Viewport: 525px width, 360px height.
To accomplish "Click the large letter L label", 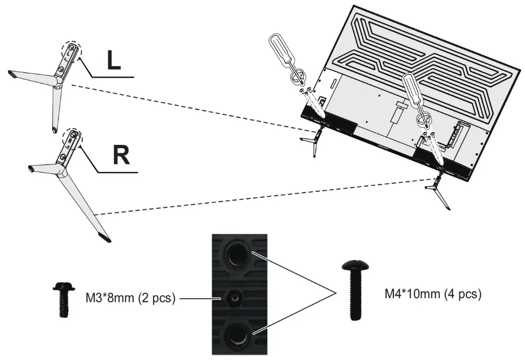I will point(113,61).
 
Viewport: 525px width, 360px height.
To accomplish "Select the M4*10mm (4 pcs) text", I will point(433,293).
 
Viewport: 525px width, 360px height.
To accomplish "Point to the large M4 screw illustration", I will point(353,290).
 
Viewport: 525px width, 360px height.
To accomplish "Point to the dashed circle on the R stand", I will point(72,137).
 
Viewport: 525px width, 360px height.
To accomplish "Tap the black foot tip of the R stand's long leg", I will point(104,237).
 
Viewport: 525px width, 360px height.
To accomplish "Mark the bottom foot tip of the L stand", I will point(54,129).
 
